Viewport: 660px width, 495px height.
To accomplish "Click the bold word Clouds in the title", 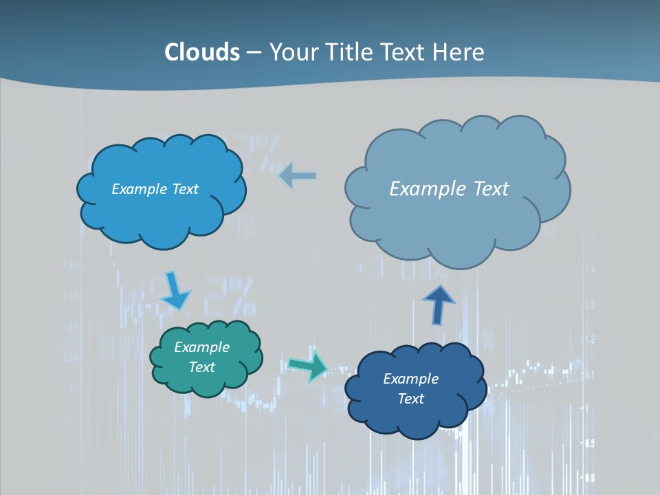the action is click(202, 52).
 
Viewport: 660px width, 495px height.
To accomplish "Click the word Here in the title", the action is click(459, 52).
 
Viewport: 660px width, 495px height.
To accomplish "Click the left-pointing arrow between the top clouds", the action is click(298, 177).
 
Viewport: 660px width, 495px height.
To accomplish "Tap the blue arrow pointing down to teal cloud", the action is click(175, 291).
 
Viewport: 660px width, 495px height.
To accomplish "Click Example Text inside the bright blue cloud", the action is click(155, 189).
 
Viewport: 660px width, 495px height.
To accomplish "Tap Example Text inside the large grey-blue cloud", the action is click(449, 189).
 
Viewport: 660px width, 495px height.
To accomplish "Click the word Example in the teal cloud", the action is click(201, 347).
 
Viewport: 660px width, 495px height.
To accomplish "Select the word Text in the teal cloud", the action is click(201, 367).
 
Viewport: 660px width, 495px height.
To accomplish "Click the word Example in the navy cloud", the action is click(410, 379).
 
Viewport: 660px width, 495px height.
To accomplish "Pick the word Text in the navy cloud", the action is click(410, 399).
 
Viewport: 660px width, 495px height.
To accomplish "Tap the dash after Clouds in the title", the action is click(254, 53).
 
